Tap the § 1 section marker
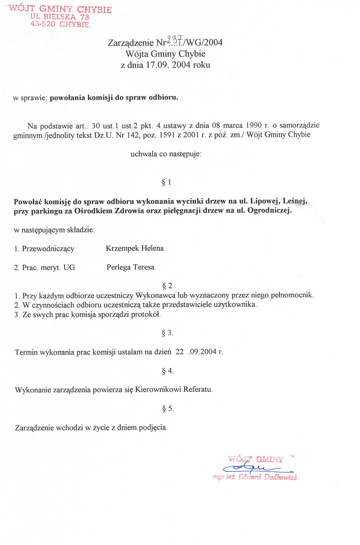166,182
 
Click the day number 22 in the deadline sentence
179,352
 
